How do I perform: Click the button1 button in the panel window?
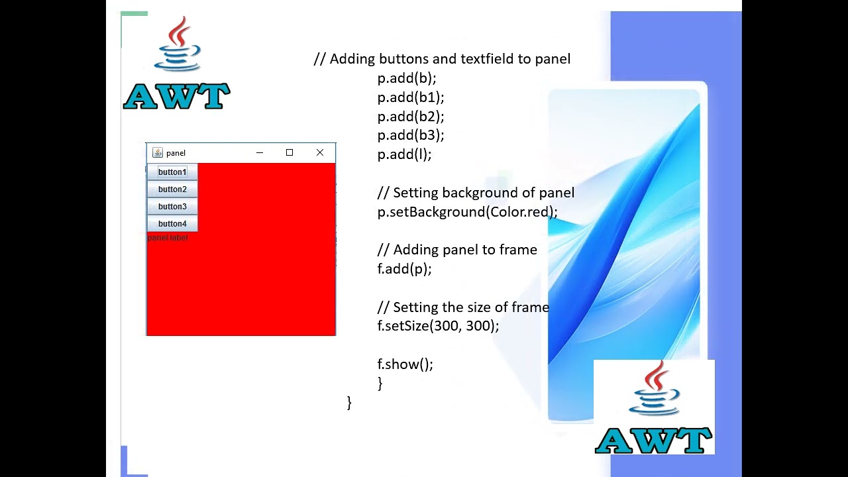172,172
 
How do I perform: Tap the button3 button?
172,207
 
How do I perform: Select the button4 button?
172,224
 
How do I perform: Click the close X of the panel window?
320,153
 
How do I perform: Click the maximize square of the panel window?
290,153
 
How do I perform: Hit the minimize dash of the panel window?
260,153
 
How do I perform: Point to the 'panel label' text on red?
168,238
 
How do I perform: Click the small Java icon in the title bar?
158,153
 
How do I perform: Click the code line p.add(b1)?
411,97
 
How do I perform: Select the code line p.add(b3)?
411,136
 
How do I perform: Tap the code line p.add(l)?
404,154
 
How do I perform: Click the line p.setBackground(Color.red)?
467,212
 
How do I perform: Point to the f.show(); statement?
405,364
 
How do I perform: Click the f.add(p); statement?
404,269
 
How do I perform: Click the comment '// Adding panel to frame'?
457,250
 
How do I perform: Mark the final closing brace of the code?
349,403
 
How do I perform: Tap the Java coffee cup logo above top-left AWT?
178,45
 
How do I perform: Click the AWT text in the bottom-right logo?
653,441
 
